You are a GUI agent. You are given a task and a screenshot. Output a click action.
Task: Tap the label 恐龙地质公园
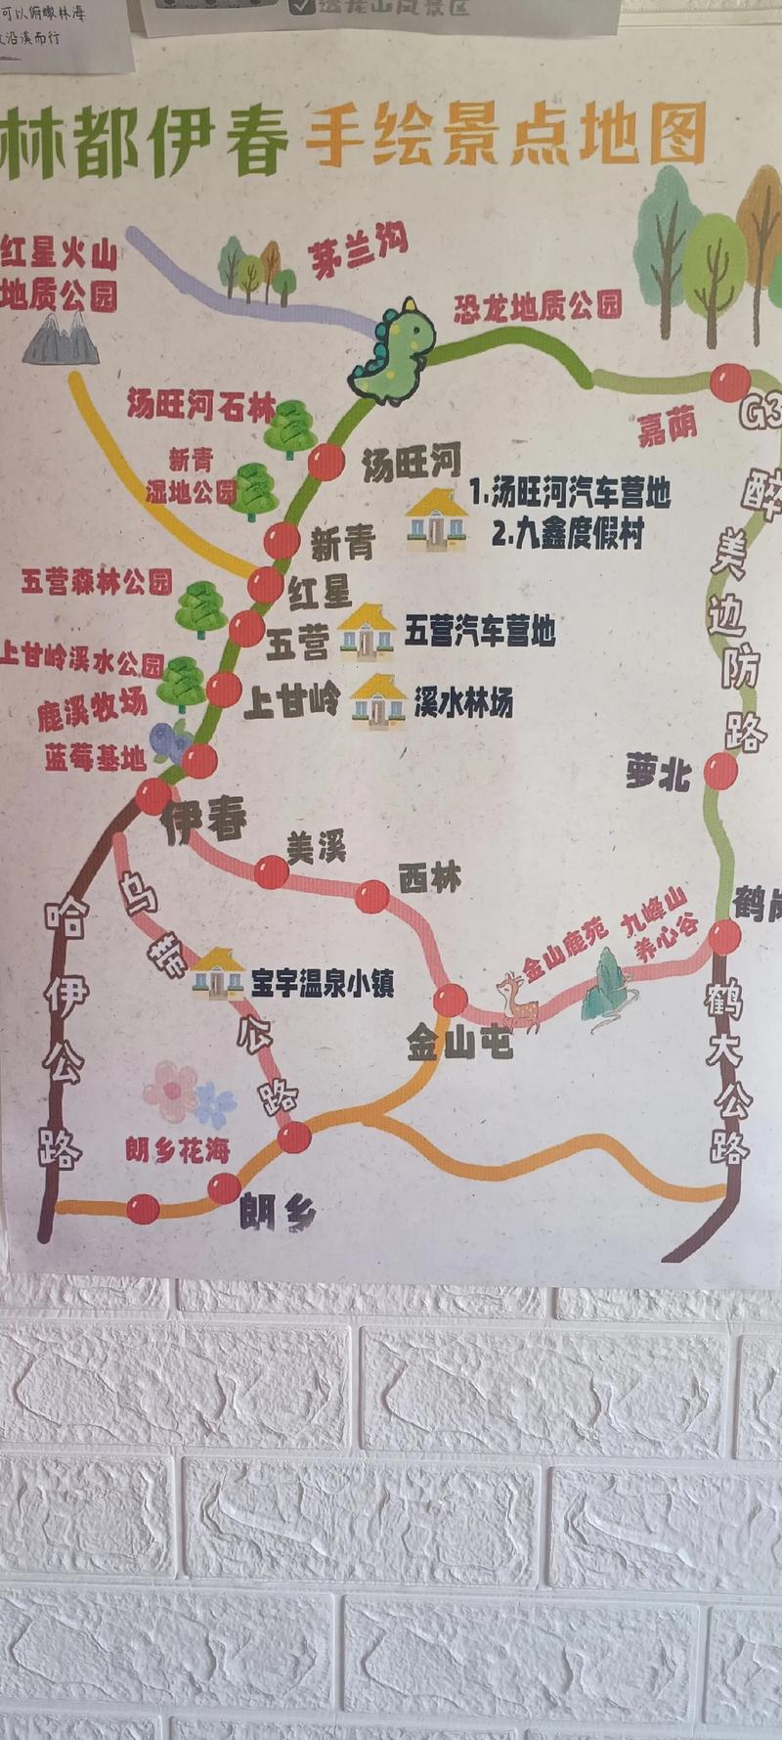[x=538, y=306]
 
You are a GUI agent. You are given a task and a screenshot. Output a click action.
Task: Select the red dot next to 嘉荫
[x=729, y=381]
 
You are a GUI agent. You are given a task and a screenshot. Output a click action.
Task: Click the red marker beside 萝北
[x=721, y=771]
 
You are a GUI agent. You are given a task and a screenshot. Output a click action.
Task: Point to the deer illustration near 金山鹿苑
[x=518, y=1000]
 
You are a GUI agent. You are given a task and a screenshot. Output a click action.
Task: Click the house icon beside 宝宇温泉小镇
[x=217, y=972]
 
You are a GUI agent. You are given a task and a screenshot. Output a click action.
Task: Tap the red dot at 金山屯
[x=450, y=1000]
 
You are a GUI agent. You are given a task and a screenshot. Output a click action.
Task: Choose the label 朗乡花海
[x=177, y=1150]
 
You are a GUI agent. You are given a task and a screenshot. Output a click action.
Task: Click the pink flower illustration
[x=172, y=1090]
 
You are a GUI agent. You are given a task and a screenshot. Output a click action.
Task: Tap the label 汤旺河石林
[x=200, y=405]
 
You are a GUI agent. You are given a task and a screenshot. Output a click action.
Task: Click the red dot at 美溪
[x=272, y=871]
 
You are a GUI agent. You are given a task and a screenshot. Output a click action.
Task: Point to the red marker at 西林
[x=372, y=896]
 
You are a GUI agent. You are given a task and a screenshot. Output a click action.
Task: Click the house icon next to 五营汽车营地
[x=366, y=631]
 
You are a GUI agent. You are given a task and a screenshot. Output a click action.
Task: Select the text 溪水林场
[x=462, y=702]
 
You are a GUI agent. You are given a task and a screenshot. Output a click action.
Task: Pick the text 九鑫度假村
[x=567, y=535]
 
